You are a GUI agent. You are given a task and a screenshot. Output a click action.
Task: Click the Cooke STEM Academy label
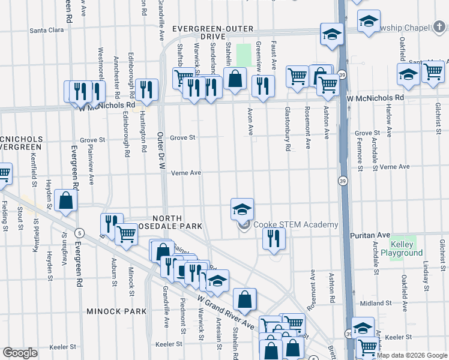[295, 224]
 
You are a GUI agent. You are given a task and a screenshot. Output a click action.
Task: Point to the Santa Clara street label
[47, 30]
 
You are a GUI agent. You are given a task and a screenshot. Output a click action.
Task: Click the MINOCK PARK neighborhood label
[116, 311]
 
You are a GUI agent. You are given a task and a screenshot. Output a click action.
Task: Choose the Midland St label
[376, 304]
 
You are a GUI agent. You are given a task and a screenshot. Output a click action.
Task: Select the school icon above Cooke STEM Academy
[242, 209]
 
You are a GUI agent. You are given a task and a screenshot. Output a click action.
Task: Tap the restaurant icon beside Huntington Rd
[146, 89]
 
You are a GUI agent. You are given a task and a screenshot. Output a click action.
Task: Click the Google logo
[20, 353]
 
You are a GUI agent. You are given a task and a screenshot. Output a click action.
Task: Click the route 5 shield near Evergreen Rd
[79, 232]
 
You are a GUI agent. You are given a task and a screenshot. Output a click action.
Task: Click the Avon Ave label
[249, 121]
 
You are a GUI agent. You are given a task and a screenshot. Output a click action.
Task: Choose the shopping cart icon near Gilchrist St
[433, 71]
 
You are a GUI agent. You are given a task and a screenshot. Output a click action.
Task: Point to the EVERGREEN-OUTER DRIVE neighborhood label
[212, 32]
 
